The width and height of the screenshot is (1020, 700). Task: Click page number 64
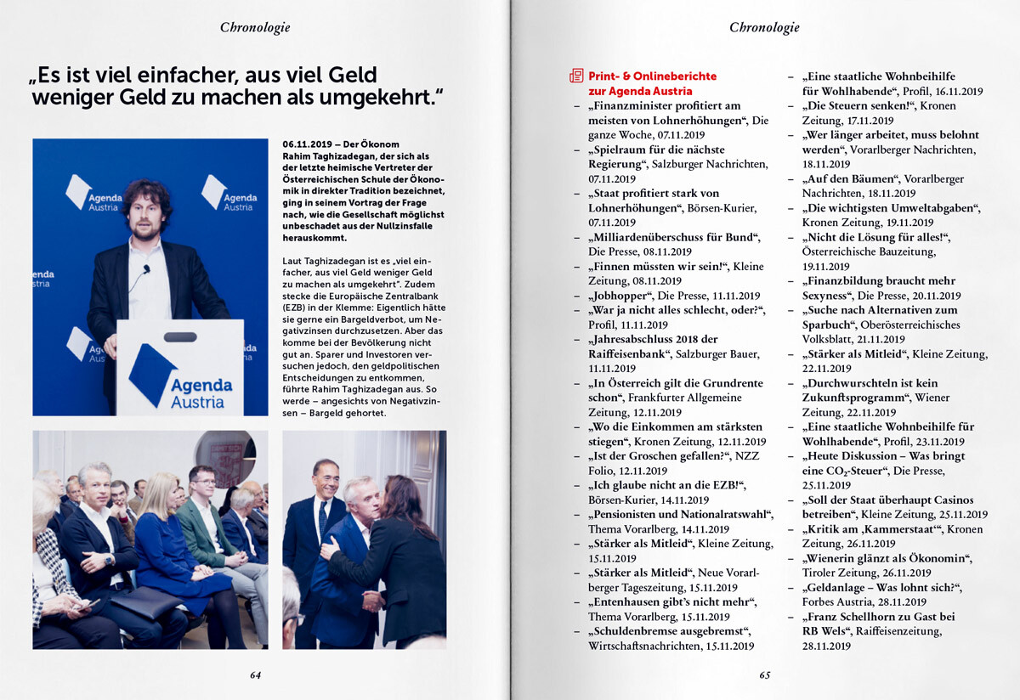pyautogui.click(x=255, y=675)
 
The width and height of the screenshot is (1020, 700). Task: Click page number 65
pyautogui.click(x=765, y=675)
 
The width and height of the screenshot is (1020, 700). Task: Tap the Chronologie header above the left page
pyautogui.click(x=255, y=27)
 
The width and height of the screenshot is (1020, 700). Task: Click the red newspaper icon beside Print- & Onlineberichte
pyautogui.click(x=576, y=76)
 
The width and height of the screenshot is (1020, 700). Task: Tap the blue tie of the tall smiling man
pyautogui.click(x=323, y=518)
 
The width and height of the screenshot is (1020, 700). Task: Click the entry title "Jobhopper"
pyautogui.click(x=618, y=296)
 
